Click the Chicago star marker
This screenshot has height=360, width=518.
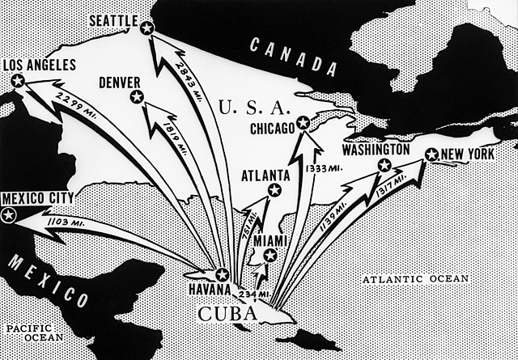tap(303, 123)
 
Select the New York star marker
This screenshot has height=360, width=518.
tap(431, 155)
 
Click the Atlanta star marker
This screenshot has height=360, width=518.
tap(274, 190)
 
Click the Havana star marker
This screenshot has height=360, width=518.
tap(223, 273)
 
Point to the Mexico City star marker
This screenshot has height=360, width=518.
tap(10, 214)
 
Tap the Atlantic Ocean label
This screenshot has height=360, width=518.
tap(415, 279)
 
